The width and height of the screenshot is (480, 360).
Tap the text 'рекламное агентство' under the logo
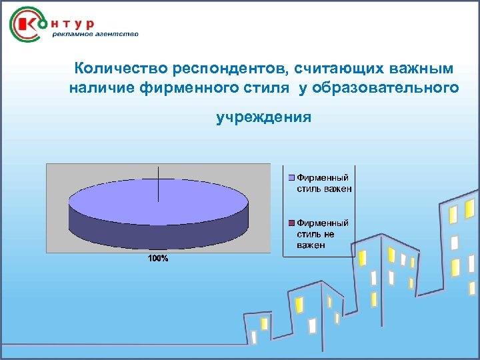pos(95,35)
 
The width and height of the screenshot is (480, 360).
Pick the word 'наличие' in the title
pos(101,88)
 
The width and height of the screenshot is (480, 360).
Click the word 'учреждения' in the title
pos(264,118)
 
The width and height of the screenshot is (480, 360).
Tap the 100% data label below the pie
pos(158,259)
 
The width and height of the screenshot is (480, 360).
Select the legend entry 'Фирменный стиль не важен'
pos(323,234)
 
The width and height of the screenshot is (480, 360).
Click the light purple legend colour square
pos(292,178)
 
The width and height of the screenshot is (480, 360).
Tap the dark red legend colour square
pos(292,223)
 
